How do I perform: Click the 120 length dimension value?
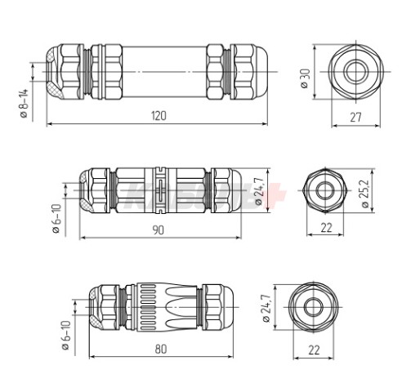[x=159, y=115]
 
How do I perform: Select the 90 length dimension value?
[x=159, y=230]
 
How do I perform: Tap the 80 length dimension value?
[x=160, y=349]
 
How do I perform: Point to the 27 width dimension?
[x=356, y=117]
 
